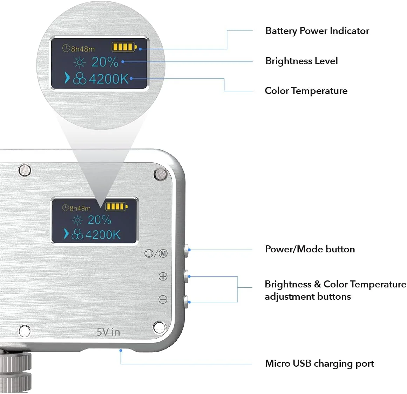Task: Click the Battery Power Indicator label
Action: point(317,31)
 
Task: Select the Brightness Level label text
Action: point(301,61)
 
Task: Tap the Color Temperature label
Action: point(306,91)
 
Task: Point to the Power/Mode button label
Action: point(310,249)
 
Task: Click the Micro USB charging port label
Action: point(319,364)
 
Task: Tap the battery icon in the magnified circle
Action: point(124,47)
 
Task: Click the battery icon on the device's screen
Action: point(116,206)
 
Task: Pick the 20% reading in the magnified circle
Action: point(105,62)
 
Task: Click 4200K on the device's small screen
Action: point(103,235)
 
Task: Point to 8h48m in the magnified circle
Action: point(83,49)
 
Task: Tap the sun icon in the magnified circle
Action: point(80,63)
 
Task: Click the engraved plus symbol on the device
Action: point(163,277)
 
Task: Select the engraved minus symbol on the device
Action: point(163,299)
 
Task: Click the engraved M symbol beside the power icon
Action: point(163,253)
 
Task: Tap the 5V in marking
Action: point(108,332)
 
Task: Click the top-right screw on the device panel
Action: point(160,174)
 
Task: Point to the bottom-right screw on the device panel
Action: point(159,327)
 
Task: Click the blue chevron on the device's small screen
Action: point(66,233)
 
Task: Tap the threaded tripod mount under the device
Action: point(15,372)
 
